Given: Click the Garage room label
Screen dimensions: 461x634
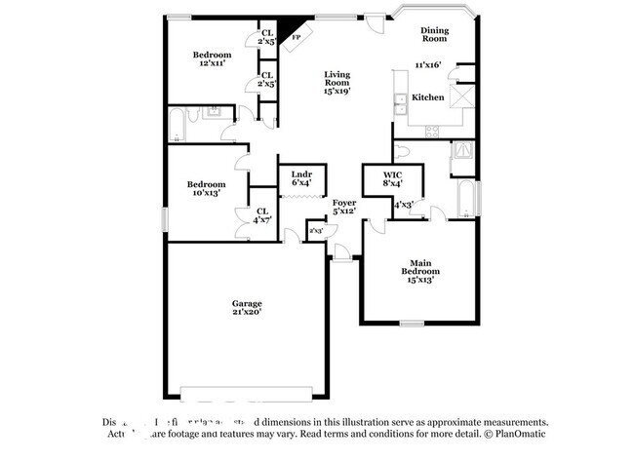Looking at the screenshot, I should point(246,303).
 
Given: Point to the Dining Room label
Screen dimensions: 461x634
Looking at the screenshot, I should point(434,34).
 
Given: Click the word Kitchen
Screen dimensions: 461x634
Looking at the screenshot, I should point(428,97).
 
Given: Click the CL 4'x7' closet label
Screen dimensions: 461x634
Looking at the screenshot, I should point(262,215).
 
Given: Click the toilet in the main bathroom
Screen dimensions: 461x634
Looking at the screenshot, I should point(402,151).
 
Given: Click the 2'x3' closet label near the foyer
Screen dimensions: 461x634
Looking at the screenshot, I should point(315,230).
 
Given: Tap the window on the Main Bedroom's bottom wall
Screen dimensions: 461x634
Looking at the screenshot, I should point(413,323).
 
